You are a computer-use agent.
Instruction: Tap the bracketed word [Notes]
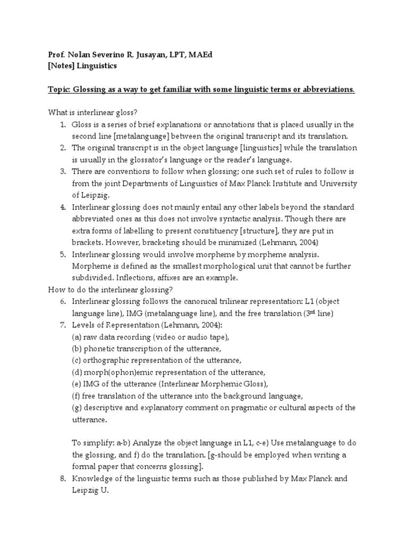point(56,66)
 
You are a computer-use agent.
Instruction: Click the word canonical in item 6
point(202,301)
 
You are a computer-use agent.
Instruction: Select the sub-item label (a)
point(77,337)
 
